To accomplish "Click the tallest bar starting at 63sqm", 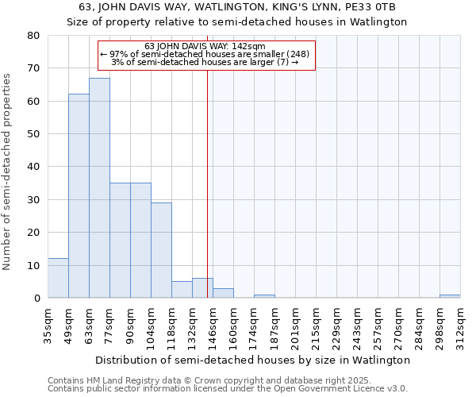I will pos(99,188).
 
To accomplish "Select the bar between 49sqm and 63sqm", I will pos(79,196).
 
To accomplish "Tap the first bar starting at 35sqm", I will pos(58,278).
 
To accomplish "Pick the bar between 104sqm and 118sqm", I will pos(161,250).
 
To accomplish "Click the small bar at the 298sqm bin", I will pos(450,296).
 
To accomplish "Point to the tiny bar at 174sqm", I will pos(264,296).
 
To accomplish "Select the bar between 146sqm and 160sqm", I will pos(223,293).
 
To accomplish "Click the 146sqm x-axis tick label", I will pos(213,326).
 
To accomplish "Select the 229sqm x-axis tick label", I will pos(336,326).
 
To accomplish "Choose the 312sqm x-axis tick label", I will pos(460,326).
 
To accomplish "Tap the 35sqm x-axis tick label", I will pos(48,326).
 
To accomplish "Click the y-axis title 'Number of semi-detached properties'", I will pos(8,172).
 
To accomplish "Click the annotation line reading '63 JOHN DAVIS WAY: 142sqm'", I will pos(205,47).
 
